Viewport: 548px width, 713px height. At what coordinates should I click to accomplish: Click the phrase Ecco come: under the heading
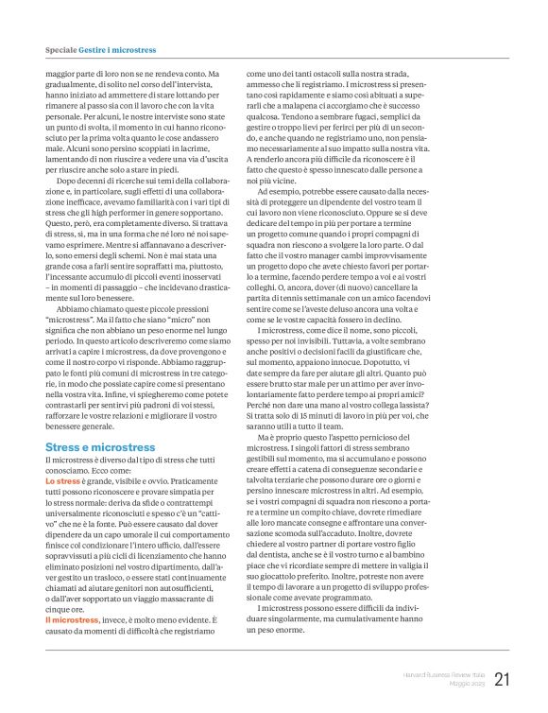coord(116,443)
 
